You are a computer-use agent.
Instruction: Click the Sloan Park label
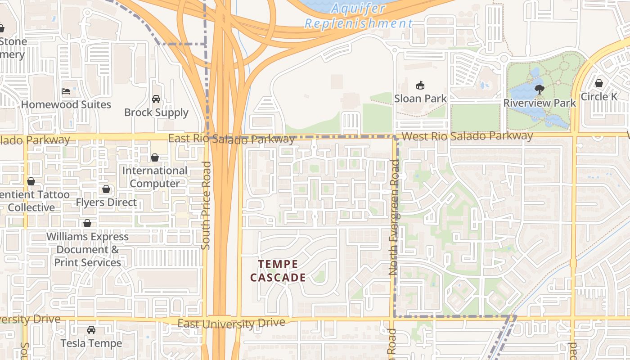tap(420, 99)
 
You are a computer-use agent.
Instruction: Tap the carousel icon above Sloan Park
tap(420, 85)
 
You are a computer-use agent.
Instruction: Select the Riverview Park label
tap(539, 103)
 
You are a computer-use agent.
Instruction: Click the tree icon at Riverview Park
tap(539, 89)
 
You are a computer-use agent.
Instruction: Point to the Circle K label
tap(599, 97)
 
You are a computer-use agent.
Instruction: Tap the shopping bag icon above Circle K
tap(599, 83)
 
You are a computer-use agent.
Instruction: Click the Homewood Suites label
tap(66, 104)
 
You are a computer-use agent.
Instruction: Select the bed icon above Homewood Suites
tap(66, 91)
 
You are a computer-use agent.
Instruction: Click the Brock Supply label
tap(156, 112)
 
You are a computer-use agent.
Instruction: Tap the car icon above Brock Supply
tap(156, 99)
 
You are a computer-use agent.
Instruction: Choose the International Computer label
tap(155, 177)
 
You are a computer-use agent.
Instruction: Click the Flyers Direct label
tap(106, 202)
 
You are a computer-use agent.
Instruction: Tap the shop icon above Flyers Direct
tap(106, 189)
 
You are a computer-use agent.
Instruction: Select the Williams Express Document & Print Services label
tap(88, 249)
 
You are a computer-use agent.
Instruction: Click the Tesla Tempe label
tap(91, 343)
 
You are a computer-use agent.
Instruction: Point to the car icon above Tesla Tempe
tap(91, 330)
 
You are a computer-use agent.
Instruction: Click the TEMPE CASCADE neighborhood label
tap(278, 271)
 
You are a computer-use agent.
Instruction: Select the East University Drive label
tap(231, 323)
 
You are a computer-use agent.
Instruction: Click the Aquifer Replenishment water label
tap(359, 16)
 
